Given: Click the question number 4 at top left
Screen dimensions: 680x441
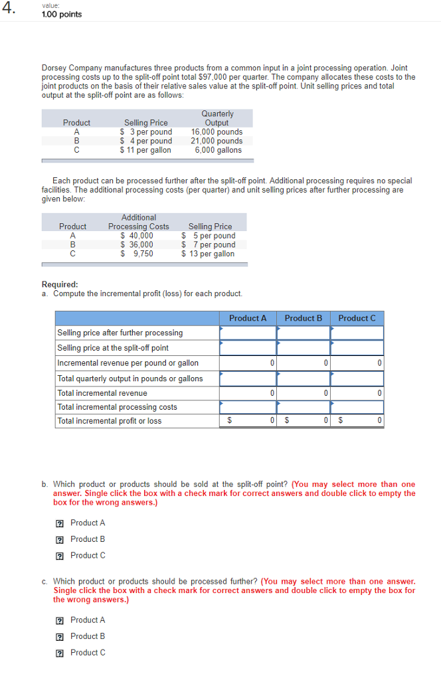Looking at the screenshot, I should point(9,10).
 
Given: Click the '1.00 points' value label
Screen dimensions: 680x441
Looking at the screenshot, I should point(61,15).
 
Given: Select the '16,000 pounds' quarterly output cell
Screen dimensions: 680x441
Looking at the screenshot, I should point(217,131).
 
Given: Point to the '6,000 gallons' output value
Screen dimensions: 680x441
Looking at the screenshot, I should point(218,150).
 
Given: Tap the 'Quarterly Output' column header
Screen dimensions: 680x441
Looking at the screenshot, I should point(217,118).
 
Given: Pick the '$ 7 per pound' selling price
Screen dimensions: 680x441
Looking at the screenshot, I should point(209,244).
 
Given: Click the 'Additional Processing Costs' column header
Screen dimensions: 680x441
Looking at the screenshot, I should point(139,222).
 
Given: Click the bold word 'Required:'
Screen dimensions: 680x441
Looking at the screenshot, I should point(60,284).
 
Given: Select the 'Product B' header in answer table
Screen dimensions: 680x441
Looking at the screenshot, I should point(303,318).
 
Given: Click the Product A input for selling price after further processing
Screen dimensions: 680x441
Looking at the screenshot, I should point(248,333).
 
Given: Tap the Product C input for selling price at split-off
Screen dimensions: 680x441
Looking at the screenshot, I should point(357,348).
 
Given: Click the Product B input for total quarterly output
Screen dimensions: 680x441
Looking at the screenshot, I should point(303,379).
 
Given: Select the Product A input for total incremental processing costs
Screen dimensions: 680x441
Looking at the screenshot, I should point(248,407).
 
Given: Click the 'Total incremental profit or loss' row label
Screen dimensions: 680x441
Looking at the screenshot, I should point(109,421).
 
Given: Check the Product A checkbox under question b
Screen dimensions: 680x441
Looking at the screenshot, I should point(60,523).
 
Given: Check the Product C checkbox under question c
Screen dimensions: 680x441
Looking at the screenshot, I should point(60,653).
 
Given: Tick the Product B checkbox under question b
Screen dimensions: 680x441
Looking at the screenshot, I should point(60,539).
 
